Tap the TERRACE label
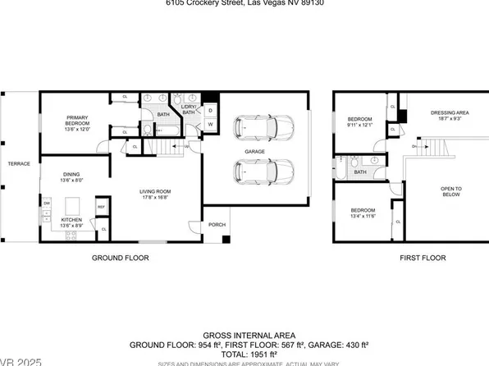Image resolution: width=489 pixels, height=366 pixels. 19,164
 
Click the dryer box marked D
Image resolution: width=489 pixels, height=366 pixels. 210,110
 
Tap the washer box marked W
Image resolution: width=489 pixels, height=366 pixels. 210,125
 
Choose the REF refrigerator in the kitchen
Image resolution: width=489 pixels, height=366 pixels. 102,208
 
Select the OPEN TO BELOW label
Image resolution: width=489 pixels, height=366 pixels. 451,192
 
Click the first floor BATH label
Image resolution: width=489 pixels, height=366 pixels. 360,172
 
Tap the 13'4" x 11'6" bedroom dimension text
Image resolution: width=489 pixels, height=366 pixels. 362,216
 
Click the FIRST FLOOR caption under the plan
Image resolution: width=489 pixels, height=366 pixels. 422,258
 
